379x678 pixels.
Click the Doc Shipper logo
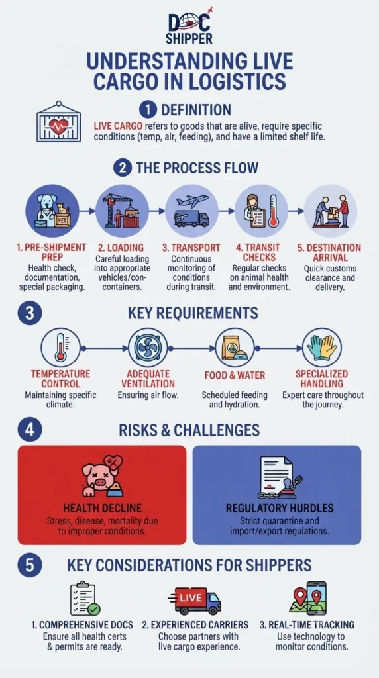pyautogui.click(x=189, y=26)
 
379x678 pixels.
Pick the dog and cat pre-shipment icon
pyautogui.click(x=53, y=211)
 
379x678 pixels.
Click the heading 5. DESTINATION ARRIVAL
pyautogui.click(x=329, y=252)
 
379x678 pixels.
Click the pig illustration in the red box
pyautogui.click(x=102, y=476)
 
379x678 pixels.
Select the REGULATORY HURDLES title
pyautogui.click(x=276, y=508)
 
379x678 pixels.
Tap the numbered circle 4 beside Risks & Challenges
pyautogui.click(x=29, y=430)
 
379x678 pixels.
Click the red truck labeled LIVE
pyautogui.click(x=195, y=600)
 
